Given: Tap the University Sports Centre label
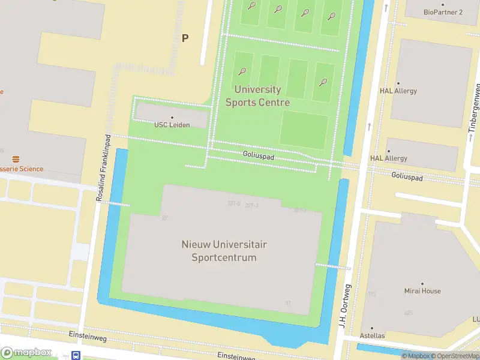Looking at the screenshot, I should pyautogui.click(x=257, y=96).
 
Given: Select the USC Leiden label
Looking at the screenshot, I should pyautogui.click(x=172, y=125).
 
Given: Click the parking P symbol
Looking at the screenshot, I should pyautogui.click(x=185, y=38).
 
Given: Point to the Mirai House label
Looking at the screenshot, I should pyautogui.click(x=422, y=291).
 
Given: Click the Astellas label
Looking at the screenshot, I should pyautogui.click(x=372, y=335).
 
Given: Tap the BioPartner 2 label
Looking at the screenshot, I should pyautogui.click(x=443, y=12).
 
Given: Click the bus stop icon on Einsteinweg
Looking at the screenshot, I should pyautogui.click(x=76, y=355).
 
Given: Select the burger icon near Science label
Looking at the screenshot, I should pyautogui.click(x=16, y=159).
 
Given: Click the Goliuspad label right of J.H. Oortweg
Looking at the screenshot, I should pyautogui.click(x=407, y=178).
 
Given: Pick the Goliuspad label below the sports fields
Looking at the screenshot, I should pyautogui.click(x=259, y=155).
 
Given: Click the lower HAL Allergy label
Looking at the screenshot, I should pyautogui.click(x=389, y=158).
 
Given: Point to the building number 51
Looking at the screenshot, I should pyautogui.click(x=289, y=303).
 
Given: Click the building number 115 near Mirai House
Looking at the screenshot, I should pyautogui.click(x=372, y=294).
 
